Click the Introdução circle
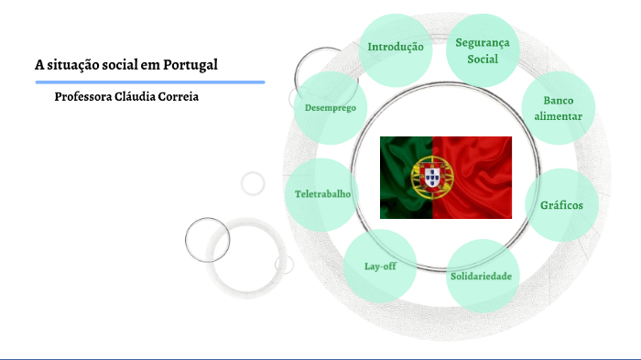coord(396,47)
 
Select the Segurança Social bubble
coord(483,49)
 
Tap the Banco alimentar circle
coord(558,108)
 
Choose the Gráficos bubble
coord(561,205)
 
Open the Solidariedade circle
coord(481,276)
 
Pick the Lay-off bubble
coord(379,266)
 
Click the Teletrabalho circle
coord(320,194)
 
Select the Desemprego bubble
coord(331,108)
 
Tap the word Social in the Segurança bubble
coord(483,60)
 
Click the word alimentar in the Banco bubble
coord(558,116)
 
